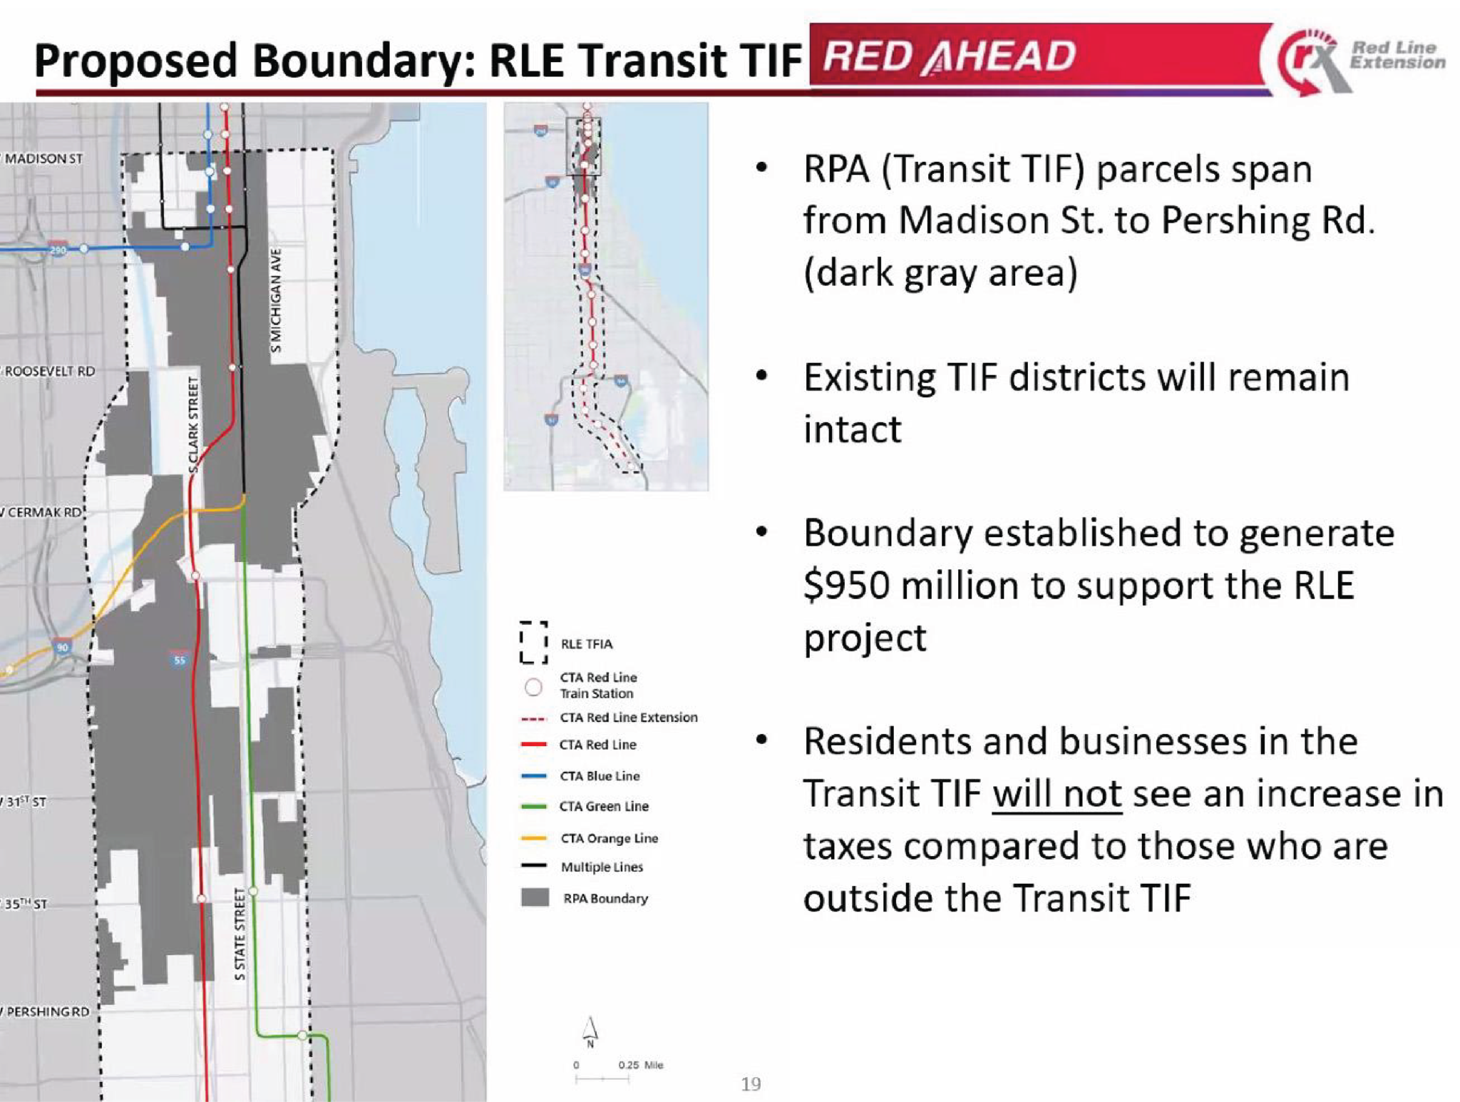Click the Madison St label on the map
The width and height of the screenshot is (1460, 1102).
[43, 158]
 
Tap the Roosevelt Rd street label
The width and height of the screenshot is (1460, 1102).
[48, 371]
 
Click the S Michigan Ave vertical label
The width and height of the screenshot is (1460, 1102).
[277, 300]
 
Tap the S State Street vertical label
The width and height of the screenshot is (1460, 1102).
[240, 934]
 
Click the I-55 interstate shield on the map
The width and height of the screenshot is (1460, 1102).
[179, 659]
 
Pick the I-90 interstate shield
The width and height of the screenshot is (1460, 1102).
[63, 646]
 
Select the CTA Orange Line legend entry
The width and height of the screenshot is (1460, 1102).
[608, 838]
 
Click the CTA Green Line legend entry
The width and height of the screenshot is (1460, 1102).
[603, 806]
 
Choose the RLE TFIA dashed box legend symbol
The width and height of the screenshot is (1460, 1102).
[533, 642]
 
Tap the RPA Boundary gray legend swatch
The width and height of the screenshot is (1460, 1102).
[535, 897]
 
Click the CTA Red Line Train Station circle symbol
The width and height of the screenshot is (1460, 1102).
[533, 687]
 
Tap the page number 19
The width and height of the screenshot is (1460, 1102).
[751, 1084]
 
